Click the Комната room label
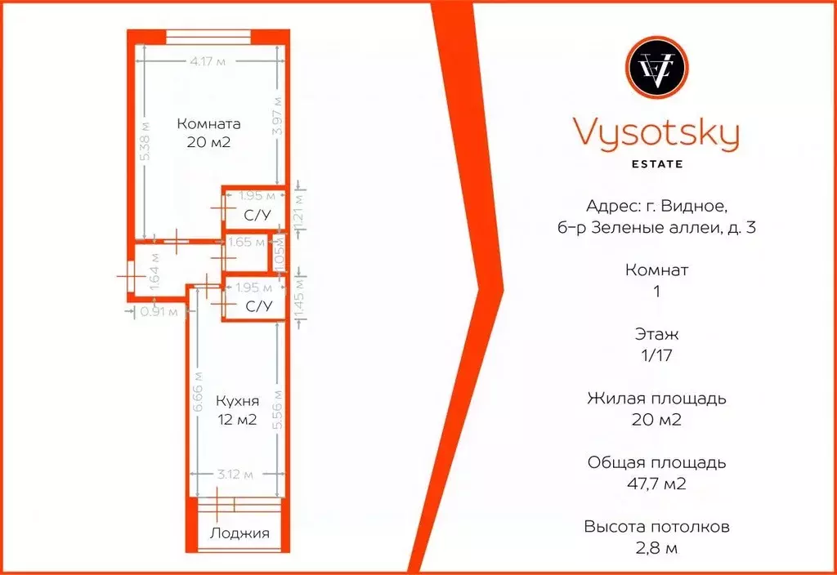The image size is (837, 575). [x=208, y=125]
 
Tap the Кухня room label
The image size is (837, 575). [x=237, y=402]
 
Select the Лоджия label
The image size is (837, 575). [x=239, y=533]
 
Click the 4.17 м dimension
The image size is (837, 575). [x=207, y=62]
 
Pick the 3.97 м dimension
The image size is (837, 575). [x=278, y=115]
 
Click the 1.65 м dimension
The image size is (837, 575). [x=247, y=242]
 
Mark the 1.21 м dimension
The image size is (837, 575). [x=299, y=209]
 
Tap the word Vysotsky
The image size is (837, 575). [x=656, y=133]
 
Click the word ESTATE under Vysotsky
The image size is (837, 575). [x=656, y=163]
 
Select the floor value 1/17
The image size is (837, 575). [x=656, y=354]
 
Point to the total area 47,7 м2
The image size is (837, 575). [x=656, y=484]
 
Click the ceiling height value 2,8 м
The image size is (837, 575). [x=656, y=547]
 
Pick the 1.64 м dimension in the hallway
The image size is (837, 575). [x=155, y=270]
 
